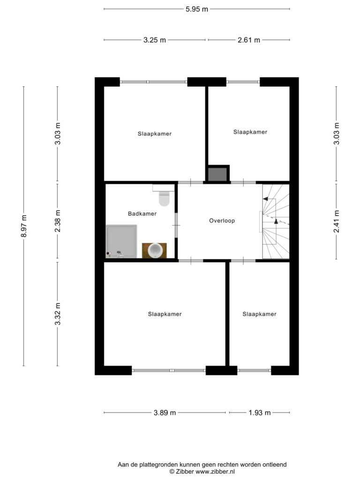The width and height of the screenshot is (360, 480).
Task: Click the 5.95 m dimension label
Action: (197, 9)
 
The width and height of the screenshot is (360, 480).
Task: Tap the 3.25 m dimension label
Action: (155, 40)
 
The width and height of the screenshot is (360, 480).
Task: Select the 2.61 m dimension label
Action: (249, 40)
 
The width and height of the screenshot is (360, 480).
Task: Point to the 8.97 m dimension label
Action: (24, 226)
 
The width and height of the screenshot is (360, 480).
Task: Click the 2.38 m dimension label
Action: (58, 221)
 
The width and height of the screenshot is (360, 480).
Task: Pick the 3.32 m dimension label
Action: (58, 314)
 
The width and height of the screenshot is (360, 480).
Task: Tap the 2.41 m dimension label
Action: (337, 221)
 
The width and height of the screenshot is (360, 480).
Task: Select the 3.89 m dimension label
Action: (165, 412)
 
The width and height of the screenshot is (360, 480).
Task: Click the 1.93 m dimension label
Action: (260, 412)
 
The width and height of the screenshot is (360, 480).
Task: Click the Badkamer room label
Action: (142, 214)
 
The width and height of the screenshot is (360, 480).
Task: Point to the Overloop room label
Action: (222, 221)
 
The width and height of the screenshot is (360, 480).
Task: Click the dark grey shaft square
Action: (217, 174)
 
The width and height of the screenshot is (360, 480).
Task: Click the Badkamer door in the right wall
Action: (176, 225)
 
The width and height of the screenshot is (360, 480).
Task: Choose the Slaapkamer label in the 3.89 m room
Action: (165, 314)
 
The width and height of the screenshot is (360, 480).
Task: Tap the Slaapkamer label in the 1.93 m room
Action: (259, 314)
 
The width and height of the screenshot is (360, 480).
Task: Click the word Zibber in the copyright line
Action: (185, 472)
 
